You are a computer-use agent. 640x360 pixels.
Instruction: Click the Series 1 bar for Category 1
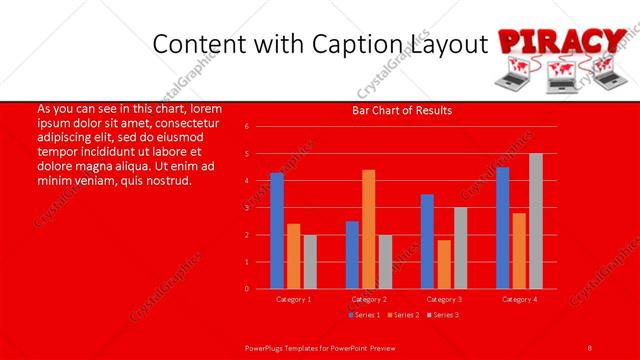tap(277, 231)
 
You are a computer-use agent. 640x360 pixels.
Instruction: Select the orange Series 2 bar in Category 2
tap(369, 229)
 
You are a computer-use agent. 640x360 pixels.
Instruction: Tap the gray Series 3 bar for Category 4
tap(536, 221)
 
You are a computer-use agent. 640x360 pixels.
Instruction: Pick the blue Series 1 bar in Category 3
tap(427, 241)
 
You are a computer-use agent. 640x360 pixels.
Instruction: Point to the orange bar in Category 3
tap(444, 264)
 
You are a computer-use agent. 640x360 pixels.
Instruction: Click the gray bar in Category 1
tap(310, 262)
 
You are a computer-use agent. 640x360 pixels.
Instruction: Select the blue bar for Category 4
tap(502, 228)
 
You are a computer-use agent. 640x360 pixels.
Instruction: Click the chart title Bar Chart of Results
tap(402, 111)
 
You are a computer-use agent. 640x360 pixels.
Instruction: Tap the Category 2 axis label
tap(369, 299)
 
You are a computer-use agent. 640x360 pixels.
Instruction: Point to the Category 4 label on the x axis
tap(519, 299)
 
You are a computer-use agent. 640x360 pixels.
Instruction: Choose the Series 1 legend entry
tap(363, 315)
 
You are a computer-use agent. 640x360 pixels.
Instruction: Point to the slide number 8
tap(590, 346)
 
